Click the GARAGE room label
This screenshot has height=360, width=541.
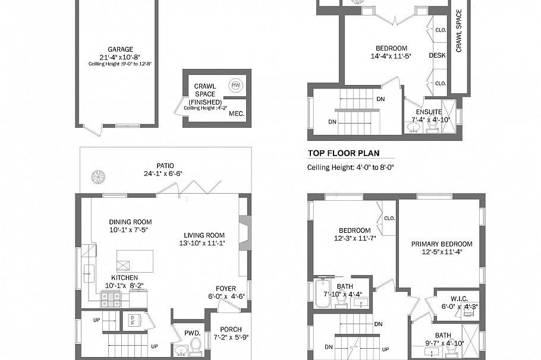(120, 49)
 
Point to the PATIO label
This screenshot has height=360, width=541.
(166, 166)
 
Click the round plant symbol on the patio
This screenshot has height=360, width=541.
(97, 176)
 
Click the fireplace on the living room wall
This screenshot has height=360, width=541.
(243, 230)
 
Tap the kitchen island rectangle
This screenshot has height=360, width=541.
(135, 261)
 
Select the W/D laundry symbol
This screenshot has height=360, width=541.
(130, 321)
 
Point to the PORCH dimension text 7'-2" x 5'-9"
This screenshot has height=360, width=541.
(231, 337)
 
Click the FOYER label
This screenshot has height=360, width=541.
(225, 288)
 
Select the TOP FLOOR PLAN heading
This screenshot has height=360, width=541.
(343, 153)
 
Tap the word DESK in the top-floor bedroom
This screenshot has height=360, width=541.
(437, 55)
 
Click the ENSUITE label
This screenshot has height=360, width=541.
(429, 112)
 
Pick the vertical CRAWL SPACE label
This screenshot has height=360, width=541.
(459, 30)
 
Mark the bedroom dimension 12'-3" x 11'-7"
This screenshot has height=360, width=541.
(355, 239)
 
